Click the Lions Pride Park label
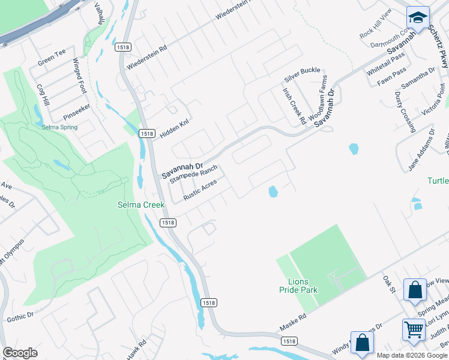(x=298, y=285)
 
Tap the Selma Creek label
(x=140, y=205)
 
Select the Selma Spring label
(x=59, y=127)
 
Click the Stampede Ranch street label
(x=193, y=171)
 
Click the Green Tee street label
(x=51, y=57)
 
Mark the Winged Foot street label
(x=80, y=76)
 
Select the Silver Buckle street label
(x=303, y=74)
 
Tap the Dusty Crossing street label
(x=405, y=112)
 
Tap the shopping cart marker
(x=414, y=328)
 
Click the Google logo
(x=20, y=353)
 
